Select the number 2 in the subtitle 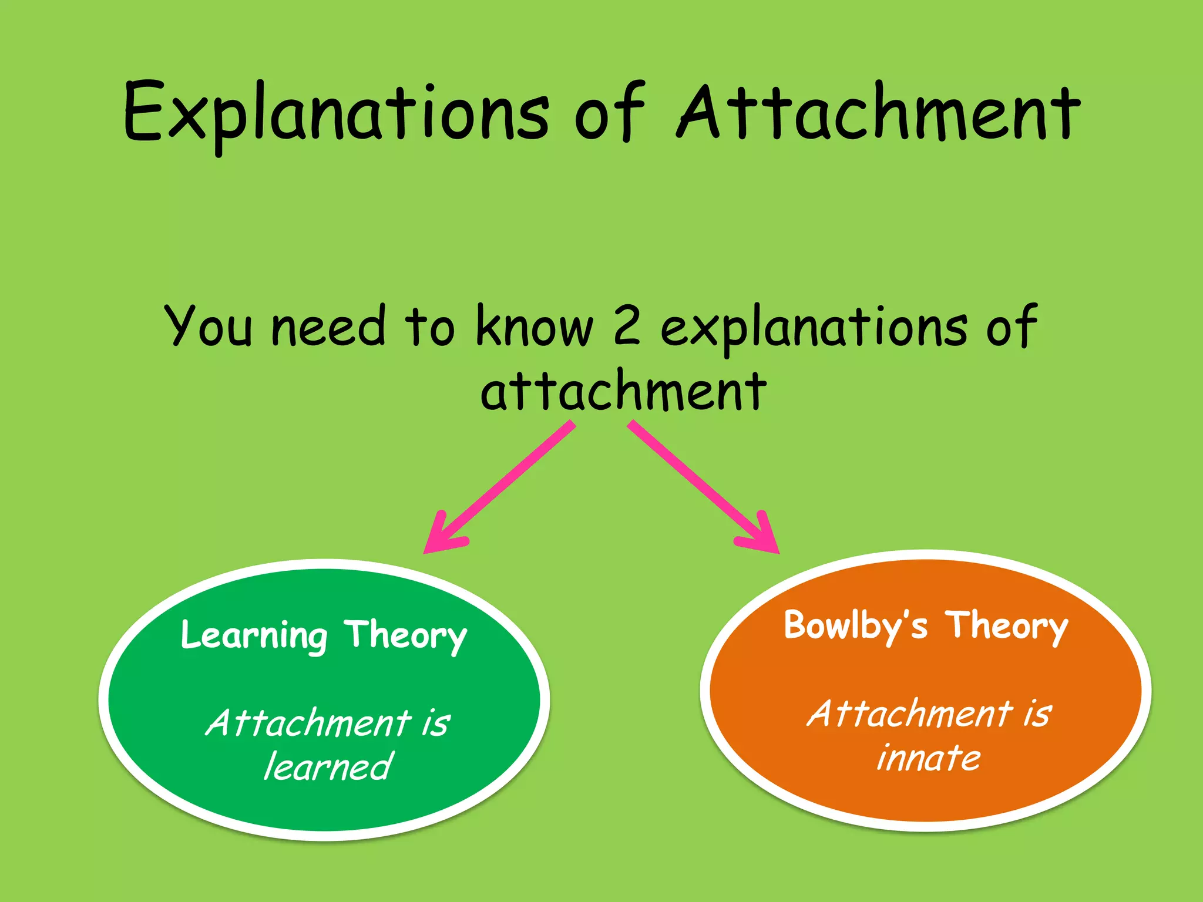pyautogui.click(x=627, y=327)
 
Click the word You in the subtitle pyautogui.click(x=209, y=327)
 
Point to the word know pyautogui.click(x=535, y=327)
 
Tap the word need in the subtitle pyautogui.click(x=328, y=327)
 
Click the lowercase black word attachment pyautogui.click(x=623, y=392)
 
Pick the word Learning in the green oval pyautogui.click(x=254, y=636)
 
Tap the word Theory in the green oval pyautogui.click(x=405, y=636)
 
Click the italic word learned pyautogui.click(x=328, y=766)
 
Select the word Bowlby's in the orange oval pyautogui.click(x=855, y=626)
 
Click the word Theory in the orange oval pyautogui.click(x=1006, y=626)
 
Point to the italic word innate pyautogui.click(x=928, y=758)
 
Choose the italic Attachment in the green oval pyautogui.click(x=308, y=723)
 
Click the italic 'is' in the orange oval pyautogui.click(x=1037, y=714)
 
